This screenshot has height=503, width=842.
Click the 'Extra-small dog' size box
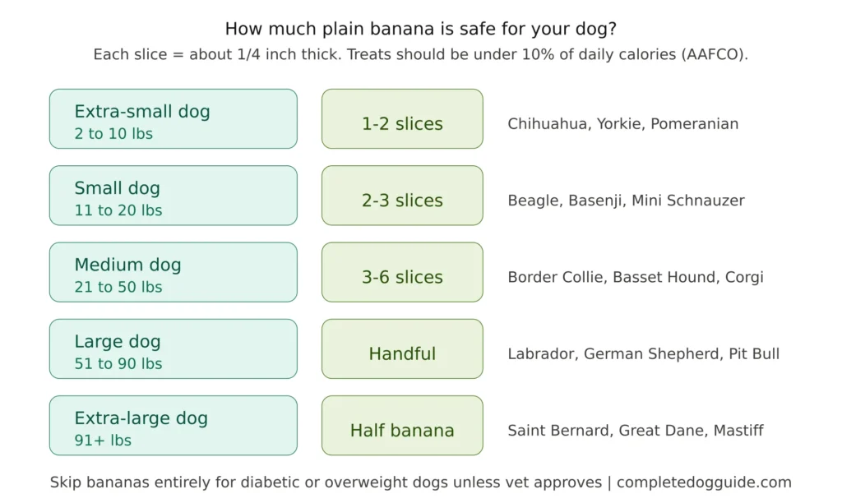(173, 119)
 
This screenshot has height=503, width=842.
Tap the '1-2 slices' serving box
(402, 119)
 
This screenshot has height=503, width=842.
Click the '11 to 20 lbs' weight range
(118, 210)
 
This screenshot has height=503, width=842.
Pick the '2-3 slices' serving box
(402, 196)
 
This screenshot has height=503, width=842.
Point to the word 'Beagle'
(534, 201)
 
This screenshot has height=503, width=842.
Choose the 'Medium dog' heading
(127, 265)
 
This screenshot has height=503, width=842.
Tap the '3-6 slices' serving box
(402, 272)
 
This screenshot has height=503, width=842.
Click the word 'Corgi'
(743, 277)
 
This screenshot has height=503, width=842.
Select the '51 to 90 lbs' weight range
(118, 363)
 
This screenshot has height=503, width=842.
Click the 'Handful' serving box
(402, 349)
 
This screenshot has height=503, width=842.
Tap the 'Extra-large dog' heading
(141, 418)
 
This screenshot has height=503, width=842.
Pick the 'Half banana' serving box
(402, 426)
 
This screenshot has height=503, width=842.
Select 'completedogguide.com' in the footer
(704, 482)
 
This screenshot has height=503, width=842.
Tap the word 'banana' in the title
(381, 29)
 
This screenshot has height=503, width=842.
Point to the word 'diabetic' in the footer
(256, 482)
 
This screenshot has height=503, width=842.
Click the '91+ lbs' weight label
(103, 441)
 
